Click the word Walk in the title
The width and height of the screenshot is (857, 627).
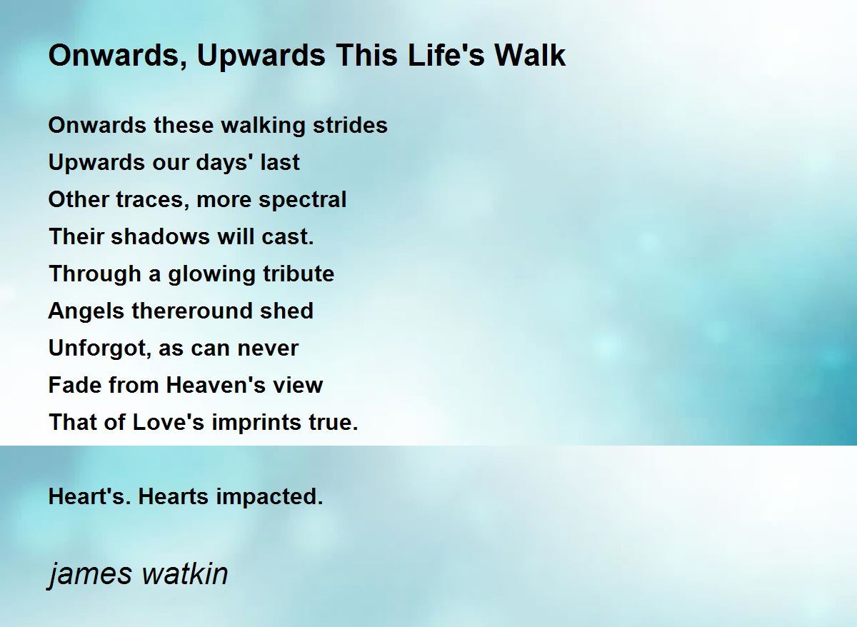click(530, 55)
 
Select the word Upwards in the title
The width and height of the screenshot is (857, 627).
click(261, 56)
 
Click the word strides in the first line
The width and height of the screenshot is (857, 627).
click(350, 125)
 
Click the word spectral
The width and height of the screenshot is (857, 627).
click(302, 200)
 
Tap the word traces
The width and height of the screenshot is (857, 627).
click(152, 200)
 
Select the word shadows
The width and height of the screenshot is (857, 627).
click(160, 236)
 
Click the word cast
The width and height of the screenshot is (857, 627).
click(288, 236)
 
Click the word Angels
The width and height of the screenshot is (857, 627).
click(86, 311)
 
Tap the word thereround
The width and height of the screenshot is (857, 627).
click(192, 311)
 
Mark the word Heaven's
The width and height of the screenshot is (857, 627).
click(216, 385)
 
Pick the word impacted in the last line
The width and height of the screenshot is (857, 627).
click(269, 497)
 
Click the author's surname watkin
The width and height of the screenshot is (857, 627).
click(184, 574)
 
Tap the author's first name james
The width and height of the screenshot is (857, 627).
click(90, 576)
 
